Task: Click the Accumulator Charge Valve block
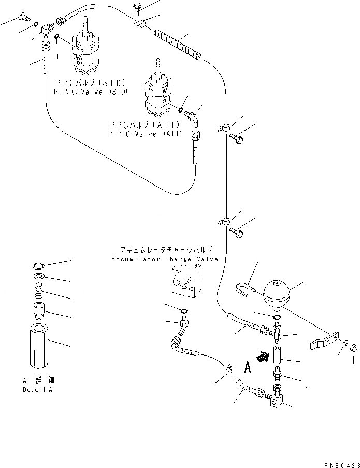click(x=186, y=282)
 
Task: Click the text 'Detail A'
click(x=37, y=389)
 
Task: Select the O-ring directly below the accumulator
click(x=276, y=317)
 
